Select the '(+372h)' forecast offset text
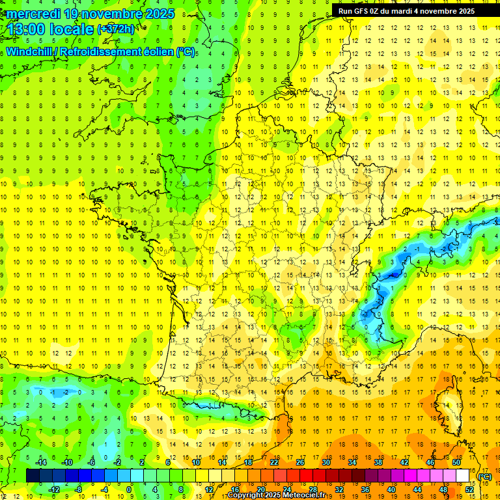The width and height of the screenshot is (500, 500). pos(116,29)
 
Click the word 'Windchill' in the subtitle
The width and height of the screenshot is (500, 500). pos(30,51)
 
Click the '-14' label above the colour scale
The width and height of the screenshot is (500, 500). pos(40,462)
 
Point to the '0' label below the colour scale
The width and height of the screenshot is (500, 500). pos(129,489)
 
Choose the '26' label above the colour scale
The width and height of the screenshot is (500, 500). pos(300,462)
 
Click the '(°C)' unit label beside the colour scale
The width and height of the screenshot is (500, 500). pos(485,476)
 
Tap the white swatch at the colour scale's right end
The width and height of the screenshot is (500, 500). pos(462,476)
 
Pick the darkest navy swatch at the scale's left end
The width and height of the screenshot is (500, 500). pos(33,476)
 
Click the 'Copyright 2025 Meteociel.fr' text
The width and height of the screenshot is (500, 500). pos(276,495)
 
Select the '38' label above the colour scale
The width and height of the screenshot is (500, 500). pos(378,462)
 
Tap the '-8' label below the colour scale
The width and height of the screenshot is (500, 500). pos(79,489)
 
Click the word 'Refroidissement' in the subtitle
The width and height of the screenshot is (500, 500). pos(104,51)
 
